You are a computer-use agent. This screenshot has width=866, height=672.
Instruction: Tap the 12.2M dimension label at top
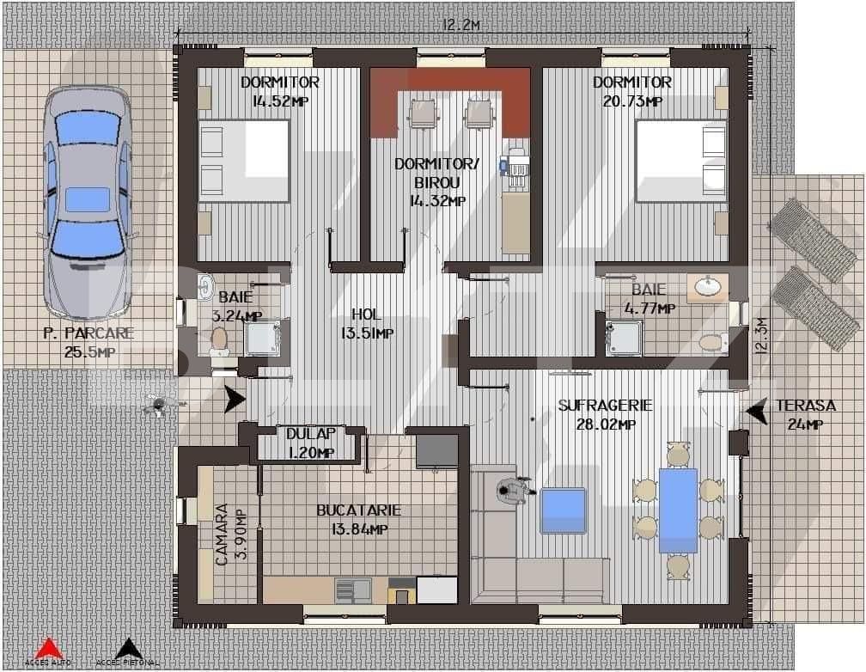tap(460, 25)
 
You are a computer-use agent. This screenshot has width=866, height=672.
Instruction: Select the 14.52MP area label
tap(280, 101)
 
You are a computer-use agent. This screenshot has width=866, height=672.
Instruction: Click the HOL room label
tap(366, 315)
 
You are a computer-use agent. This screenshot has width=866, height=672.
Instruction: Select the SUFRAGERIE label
tap(605, 405)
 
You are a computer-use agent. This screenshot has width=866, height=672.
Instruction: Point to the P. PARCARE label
tap(88, 334)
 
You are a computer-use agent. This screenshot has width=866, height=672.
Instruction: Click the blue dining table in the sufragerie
tap(678, 510)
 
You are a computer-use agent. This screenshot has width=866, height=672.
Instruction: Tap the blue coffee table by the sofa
tap(563, 510)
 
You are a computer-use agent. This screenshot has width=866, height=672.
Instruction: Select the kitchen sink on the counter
tap(352, 590)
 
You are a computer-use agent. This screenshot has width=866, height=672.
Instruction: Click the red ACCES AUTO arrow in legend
tap(49, 647)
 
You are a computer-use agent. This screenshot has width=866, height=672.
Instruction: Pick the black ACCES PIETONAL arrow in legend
tap(128, 647)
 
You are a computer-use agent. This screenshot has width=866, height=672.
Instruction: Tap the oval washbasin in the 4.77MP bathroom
tap(709, 287)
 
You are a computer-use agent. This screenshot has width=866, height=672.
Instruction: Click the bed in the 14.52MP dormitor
tap(244, 162)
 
